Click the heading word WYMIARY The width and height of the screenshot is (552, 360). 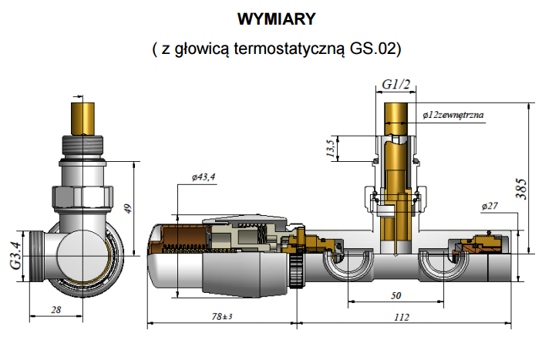click(x=277, y=18)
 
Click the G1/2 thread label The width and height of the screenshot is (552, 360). click(x=395, y=83)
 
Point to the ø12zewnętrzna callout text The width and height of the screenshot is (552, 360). click(x=453, y=114)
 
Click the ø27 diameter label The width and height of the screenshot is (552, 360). click(x=490, y=206)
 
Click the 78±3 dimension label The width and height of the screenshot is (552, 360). click(x=223, y=317)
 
